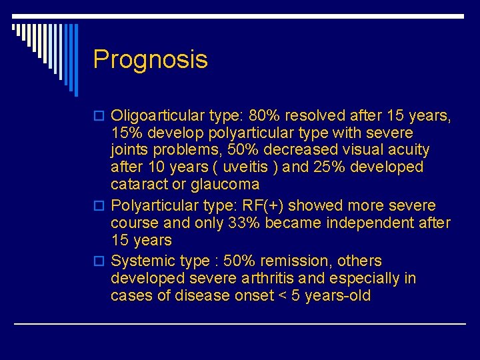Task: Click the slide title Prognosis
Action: (x=150, y=60)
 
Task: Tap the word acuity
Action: (x=407, y=150)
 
